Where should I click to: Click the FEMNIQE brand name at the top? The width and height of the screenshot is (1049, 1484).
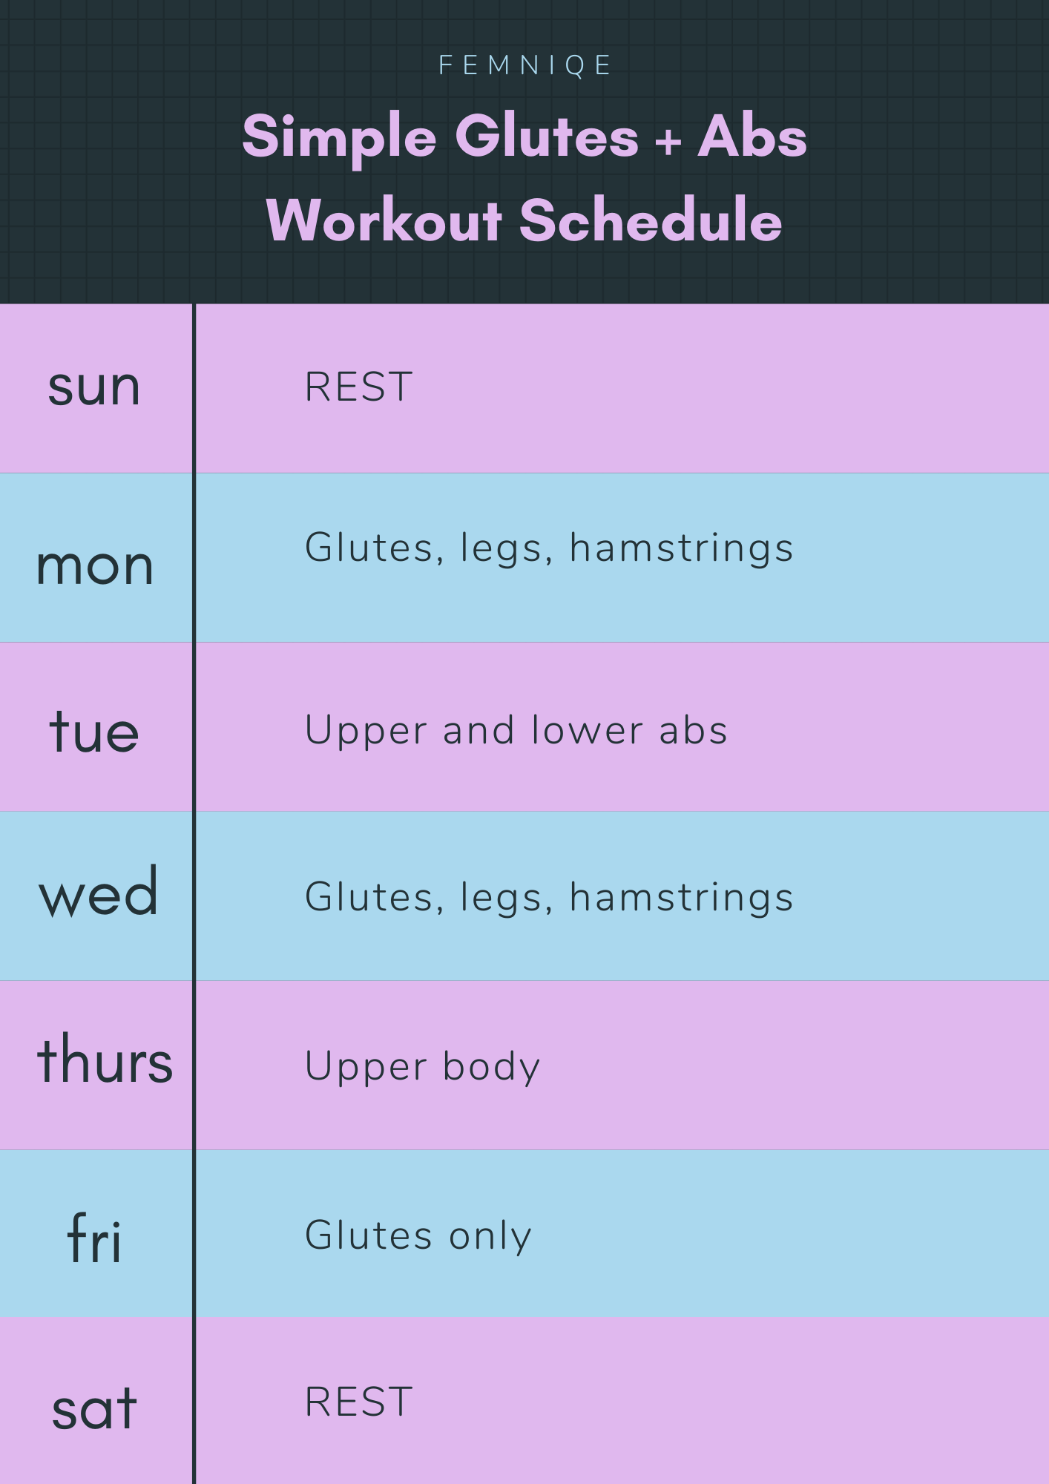pyautogui.click(x=524, y=65)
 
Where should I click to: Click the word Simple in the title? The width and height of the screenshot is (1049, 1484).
pyautogui.click(x=340, y=138)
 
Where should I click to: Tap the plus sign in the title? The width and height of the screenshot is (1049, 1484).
pyautogui.click(x=668, y=140)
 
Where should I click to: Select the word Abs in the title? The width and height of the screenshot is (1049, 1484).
pyautogui.click(x=752, y=137)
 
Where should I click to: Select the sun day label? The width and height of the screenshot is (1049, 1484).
pyautogui.click(x=94, y=387)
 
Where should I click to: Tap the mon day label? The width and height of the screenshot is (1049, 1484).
pyautogui.click(x=95, y=567)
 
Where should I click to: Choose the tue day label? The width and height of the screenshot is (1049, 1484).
pyautogui.click(x=94, y=731)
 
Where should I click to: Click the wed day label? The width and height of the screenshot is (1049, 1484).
pyautogui.click(x=99, y=892)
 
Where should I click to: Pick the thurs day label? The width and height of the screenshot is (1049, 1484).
pyautogui.click(x=105, y=1059)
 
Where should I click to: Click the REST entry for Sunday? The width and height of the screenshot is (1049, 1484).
pyautogui.click(x=359, y=387)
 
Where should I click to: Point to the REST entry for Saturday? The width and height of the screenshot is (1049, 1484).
pyautogui.click(x=359, y=1402)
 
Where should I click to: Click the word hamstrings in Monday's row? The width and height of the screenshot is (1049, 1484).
pyautogui.click(x=682, y=550)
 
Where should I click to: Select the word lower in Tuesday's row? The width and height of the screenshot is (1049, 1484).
pyautogui.click(x=587, y=730)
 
